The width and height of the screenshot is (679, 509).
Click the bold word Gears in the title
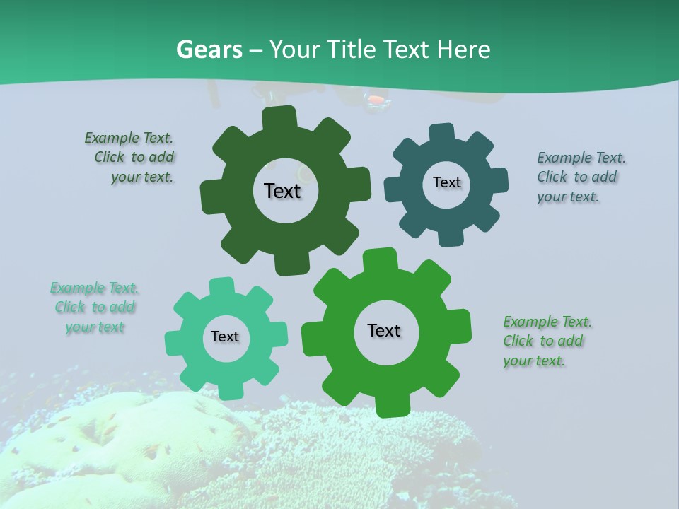(x=209, y=49)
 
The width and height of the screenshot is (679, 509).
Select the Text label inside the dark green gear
(x=282, y=191)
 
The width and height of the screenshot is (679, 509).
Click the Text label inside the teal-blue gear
(x=446, y=182)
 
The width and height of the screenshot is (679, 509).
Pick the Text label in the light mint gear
(x=225, y=337)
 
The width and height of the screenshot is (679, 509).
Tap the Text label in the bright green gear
(x=384, y=330)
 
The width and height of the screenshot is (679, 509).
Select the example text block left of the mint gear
(x=95, y=308)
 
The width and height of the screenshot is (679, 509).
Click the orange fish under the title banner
(x=378, y=100)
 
